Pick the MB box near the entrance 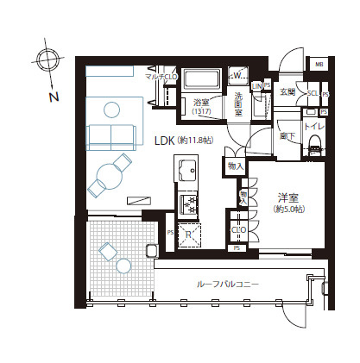click(319, 65)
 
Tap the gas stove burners click(188, 204)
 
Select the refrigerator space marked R click(189, 231)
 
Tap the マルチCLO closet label click(162, 77)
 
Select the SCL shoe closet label click(313, 92)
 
